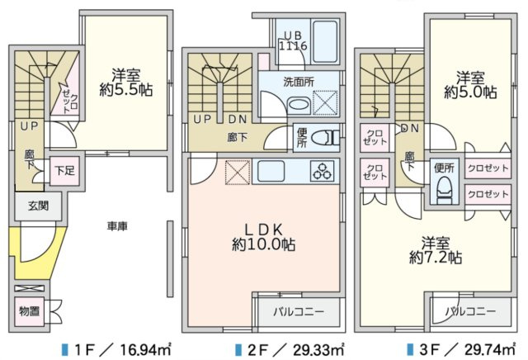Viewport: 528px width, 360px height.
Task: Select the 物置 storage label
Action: click(x=30, y=310)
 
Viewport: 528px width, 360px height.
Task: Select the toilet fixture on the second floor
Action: click(x=328, y=137)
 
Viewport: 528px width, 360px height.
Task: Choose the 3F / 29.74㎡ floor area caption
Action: click(x=465, y=348)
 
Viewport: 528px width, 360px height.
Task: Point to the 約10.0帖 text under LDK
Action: click(x=264, y=244)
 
